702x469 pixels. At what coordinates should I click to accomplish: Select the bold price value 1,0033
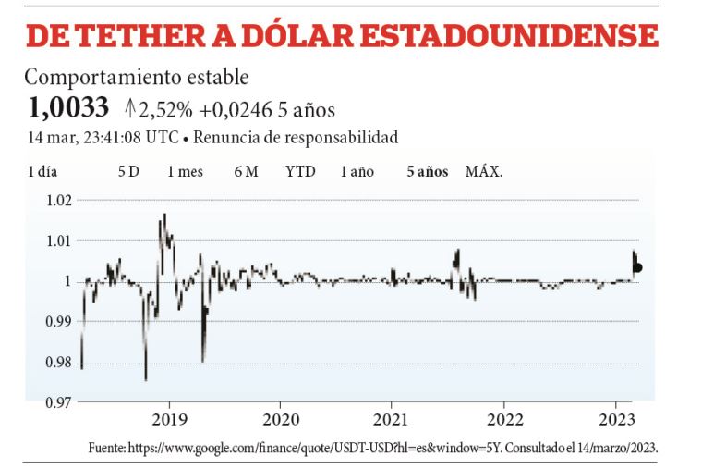pos(68,109)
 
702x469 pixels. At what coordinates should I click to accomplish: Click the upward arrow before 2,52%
pos(130,109)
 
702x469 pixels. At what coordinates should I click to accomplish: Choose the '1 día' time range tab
pos(43,171)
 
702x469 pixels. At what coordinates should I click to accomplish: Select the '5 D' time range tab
pos(128,171)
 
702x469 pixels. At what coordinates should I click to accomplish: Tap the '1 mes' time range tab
pos(186,171)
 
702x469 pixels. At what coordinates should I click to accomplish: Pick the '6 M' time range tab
pos(246,171)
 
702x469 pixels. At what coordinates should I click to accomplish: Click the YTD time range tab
pos(300,171)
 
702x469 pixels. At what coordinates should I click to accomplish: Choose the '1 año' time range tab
pos(357,171)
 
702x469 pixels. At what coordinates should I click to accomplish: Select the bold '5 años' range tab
pos(428,171)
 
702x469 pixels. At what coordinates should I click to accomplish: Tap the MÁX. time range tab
pos(484,171)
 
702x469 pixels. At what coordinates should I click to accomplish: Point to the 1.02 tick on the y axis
pos(57,201)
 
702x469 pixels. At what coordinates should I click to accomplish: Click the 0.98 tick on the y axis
pos(57,363)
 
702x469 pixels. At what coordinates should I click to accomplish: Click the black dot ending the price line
pos(637,267)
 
